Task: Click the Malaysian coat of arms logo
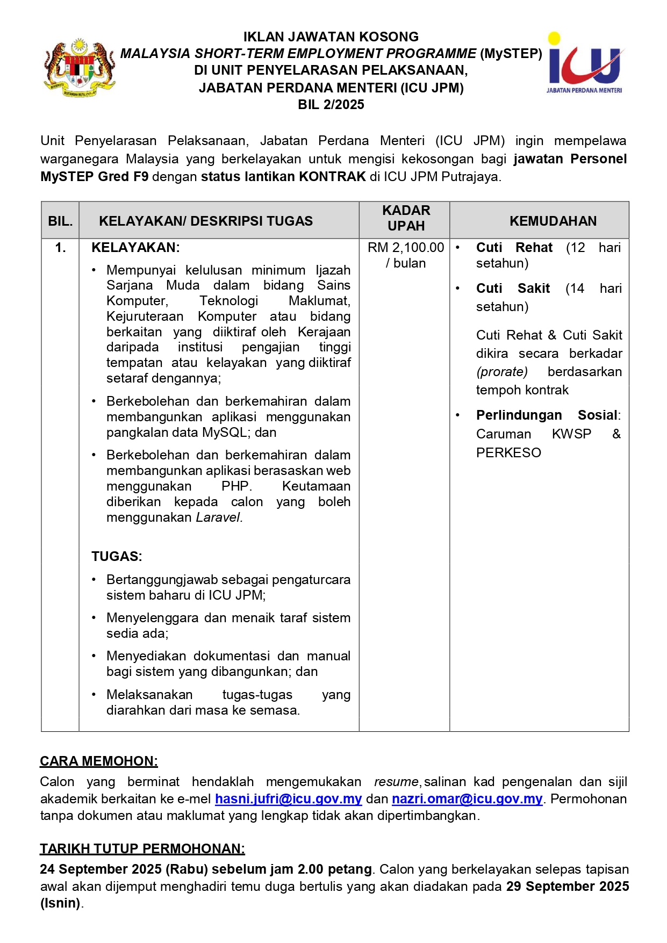(80, 67)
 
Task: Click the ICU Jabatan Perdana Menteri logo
(584, 63)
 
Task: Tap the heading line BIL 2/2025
(331, 105)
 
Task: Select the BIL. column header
(60, 221)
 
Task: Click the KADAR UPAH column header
(406, 218)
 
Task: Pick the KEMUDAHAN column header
(553, 221)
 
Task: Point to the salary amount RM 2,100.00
(406, 248)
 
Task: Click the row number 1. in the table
(60, 248)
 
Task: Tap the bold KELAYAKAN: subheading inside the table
(135, 248)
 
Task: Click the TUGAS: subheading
(117, 556)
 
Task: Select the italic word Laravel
(219, 517)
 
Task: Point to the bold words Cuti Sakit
(513, 289)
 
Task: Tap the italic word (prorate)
(502, 372)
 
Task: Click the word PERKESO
(508, 452)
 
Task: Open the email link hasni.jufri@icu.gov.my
(288, 799)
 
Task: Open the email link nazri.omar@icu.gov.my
(467, 799)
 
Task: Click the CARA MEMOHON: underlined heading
(99, 761)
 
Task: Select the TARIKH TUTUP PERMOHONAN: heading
(142, 848)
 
